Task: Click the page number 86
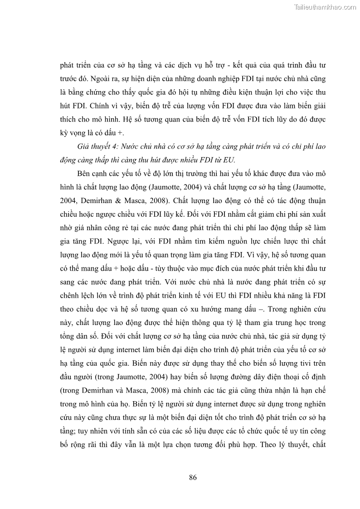(x=192, y=477)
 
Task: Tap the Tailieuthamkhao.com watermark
(x=325, y=7)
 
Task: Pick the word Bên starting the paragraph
(x=85, y=174)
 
